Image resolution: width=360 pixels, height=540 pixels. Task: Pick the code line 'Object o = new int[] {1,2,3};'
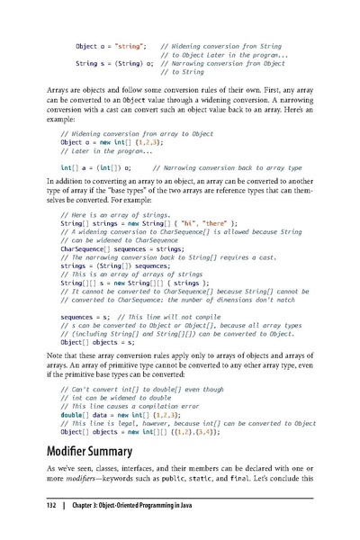tap(111, 142)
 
